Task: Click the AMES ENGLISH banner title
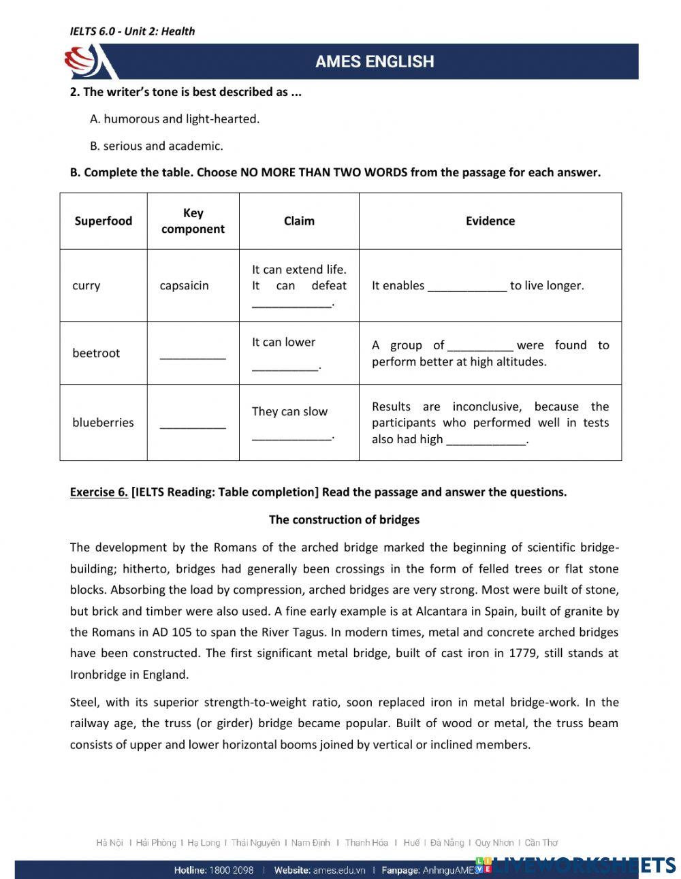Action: point(374,62)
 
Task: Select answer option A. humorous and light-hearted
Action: point(174,118)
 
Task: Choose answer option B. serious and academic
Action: point(156,146)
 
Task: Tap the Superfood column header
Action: point(104,221)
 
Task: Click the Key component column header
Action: point(193,221)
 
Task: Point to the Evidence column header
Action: point(490,221)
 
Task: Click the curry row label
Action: point(86,285)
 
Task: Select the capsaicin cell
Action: point(184,285)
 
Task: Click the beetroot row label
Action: point(96,353)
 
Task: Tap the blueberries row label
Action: point(103,422)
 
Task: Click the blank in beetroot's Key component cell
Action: point(193,355)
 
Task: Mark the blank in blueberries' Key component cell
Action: point(193,424)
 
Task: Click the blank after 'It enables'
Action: point(467,287)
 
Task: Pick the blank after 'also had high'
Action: point(486,441)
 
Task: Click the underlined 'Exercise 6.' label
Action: point(99,492)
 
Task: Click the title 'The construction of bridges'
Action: point(344,520)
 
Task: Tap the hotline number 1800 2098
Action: point(231,870)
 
